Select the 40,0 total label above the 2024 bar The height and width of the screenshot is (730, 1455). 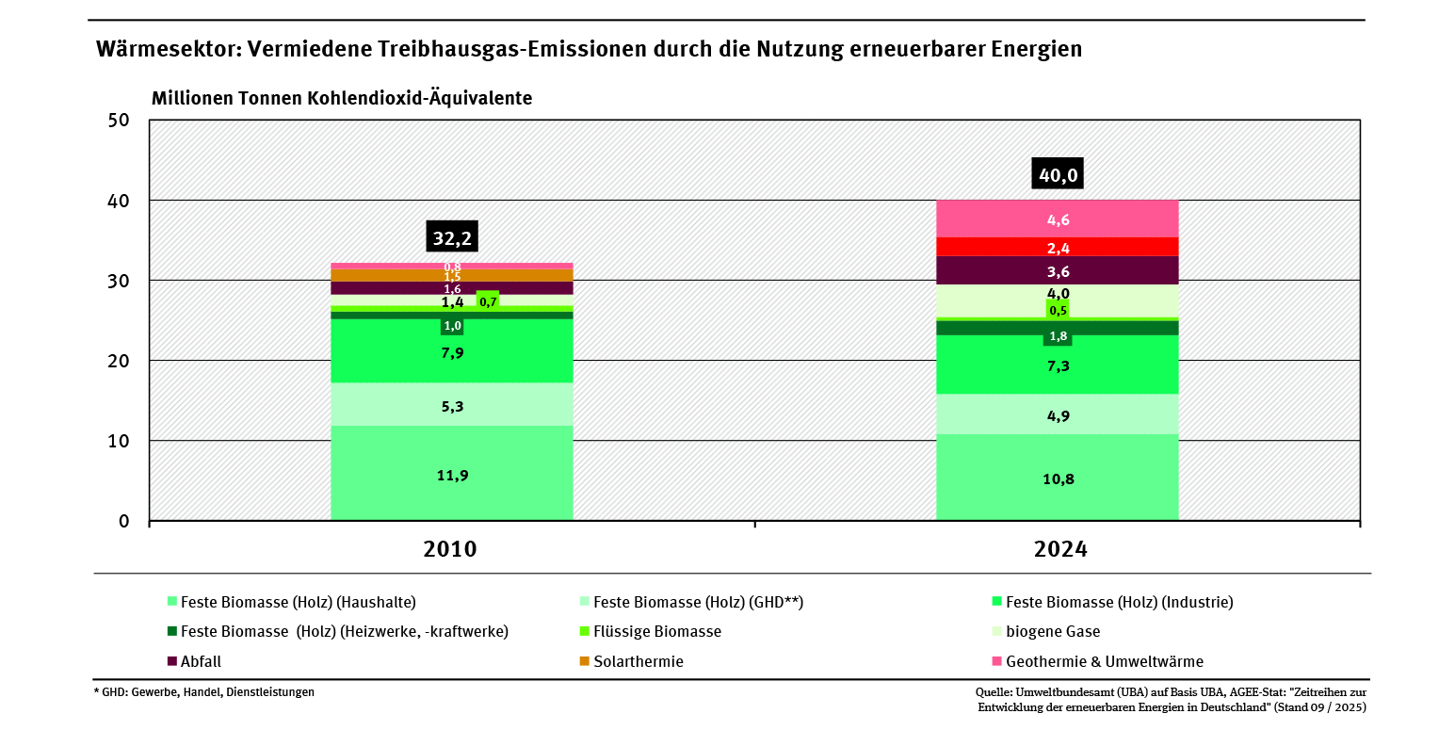[x=1057, y=174]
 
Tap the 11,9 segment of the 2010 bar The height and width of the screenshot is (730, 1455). [x=452, y=475]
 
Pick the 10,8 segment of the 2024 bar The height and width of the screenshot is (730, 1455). [x=1057, y=479]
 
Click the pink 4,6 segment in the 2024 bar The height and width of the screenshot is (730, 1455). [x=1057, y=219]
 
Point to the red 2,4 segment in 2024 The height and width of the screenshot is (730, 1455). [x=1057, y=248]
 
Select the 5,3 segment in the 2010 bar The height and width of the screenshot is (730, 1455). [x=452, y=406]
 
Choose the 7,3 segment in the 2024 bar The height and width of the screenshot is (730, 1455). [x=1057, y=365]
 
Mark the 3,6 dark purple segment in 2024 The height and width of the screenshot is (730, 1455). [x=1057, y=271]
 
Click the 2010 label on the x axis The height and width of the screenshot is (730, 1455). [x=450, y=549]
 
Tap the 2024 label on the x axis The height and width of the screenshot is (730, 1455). [x=1060, y=549]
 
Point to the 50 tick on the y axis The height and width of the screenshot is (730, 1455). [x=119, y=121]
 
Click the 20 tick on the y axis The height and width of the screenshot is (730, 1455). [x=119, y=361]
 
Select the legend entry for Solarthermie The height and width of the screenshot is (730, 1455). [x=638, y=661]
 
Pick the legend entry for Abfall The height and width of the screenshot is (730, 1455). [x=201, y=661]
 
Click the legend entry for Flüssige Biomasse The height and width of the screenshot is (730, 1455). [x=656, y=631]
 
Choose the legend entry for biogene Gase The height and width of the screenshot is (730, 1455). [x=1052, y=631]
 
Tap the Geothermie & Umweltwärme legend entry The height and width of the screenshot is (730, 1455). [x=1104, y=661]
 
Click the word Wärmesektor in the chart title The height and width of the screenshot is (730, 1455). [x=164, y=50]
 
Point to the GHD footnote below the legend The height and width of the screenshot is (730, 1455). [x=204, y=692]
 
